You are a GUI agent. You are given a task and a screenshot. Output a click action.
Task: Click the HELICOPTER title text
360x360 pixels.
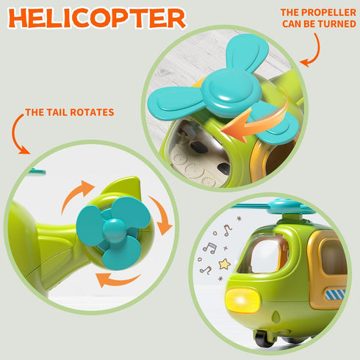click(x=97, y=18)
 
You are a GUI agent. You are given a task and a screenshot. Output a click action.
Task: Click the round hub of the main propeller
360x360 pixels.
click(x=230, y=90)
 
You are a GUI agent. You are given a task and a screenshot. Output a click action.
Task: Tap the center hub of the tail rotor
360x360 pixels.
click(x=114, y=230)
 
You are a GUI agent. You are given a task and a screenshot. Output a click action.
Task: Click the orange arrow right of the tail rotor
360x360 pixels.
click(x=162, y=215)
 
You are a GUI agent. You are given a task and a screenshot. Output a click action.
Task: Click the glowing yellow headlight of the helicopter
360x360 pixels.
click(x=242, y=300)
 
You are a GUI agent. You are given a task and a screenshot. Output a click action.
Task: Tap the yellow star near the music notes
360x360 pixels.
click(x=225, y=264)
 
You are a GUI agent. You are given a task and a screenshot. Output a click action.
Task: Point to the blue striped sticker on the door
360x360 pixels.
click(x=335, y=295)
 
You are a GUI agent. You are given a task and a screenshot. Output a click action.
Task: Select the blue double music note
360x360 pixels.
click(x=210, y=248)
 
